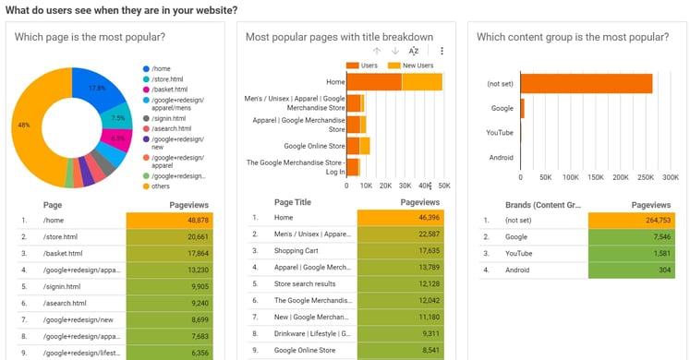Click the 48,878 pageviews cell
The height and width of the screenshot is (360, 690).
point(171,221)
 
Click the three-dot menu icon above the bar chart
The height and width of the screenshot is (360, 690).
point(442,51)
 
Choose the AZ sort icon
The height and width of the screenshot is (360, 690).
point(415,51)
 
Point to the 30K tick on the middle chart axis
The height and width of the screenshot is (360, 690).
point(405,185)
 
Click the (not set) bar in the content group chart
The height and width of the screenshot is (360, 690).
point(586,83)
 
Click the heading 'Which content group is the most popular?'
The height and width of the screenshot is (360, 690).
point(573,37)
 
